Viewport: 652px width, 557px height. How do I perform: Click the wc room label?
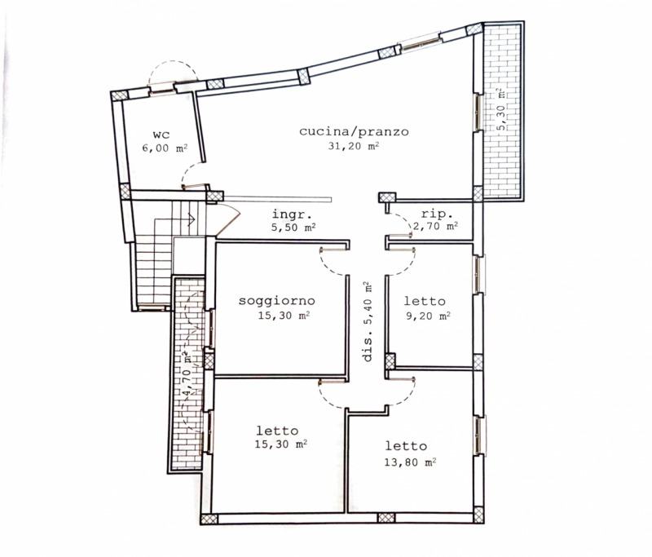coord(161,135)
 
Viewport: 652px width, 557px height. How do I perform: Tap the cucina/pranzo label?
coord(354,131)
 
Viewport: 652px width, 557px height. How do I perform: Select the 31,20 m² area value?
coord(354,146)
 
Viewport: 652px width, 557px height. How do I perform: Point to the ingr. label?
coord(292,214)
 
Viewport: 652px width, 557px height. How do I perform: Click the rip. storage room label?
coord(437,214)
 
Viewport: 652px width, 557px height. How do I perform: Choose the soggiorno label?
coord(277,301)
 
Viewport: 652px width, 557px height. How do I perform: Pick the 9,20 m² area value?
coord(429,316)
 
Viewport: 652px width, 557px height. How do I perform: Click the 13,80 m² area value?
coord(410,462)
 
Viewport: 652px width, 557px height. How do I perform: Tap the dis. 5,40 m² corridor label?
coord(368,321)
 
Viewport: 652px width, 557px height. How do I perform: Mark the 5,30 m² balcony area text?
coord(501,109)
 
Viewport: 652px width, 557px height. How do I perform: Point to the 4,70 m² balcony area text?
coord(187,374)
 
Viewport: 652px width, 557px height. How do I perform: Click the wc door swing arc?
coord(192,172)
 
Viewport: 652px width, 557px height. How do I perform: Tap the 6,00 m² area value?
coord(165,148)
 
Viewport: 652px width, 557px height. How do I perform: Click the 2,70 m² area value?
coord(436,226)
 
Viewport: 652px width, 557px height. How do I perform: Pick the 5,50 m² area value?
coord(293,228)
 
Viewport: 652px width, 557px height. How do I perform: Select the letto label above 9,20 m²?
coord(425,301)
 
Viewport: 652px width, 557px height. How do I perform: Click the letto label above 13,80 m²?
coord(406,446)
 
